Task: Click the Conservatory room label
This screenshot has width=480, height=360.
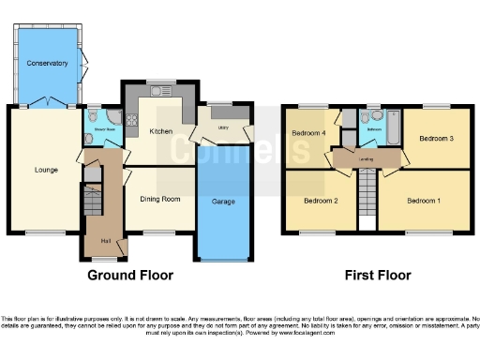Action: pos(48,63)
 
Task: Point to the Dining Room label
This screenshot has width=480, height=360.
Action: pos(159,199)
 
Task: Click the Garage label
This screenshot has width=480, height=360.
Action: pos(223,202)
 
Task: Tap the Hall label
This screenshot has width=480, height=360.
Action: pos(107,242)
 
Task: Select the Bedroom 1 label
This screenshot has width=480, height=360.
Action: pos(423,201)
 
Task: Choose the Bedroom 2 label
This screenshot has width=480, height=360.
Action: pos(321,201)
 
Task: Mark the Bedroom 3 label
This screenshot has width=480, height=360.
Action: pos(436,139)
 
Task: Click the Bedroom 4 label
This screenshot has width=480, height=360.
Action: pos(308,133)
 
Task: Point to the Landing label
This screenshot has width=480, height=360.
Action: pos(367,159)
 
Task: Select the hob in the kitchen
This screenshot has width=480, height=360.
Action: pos(131,119)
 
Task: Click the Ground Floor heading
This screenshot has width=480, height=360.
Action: pos(133,276)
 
